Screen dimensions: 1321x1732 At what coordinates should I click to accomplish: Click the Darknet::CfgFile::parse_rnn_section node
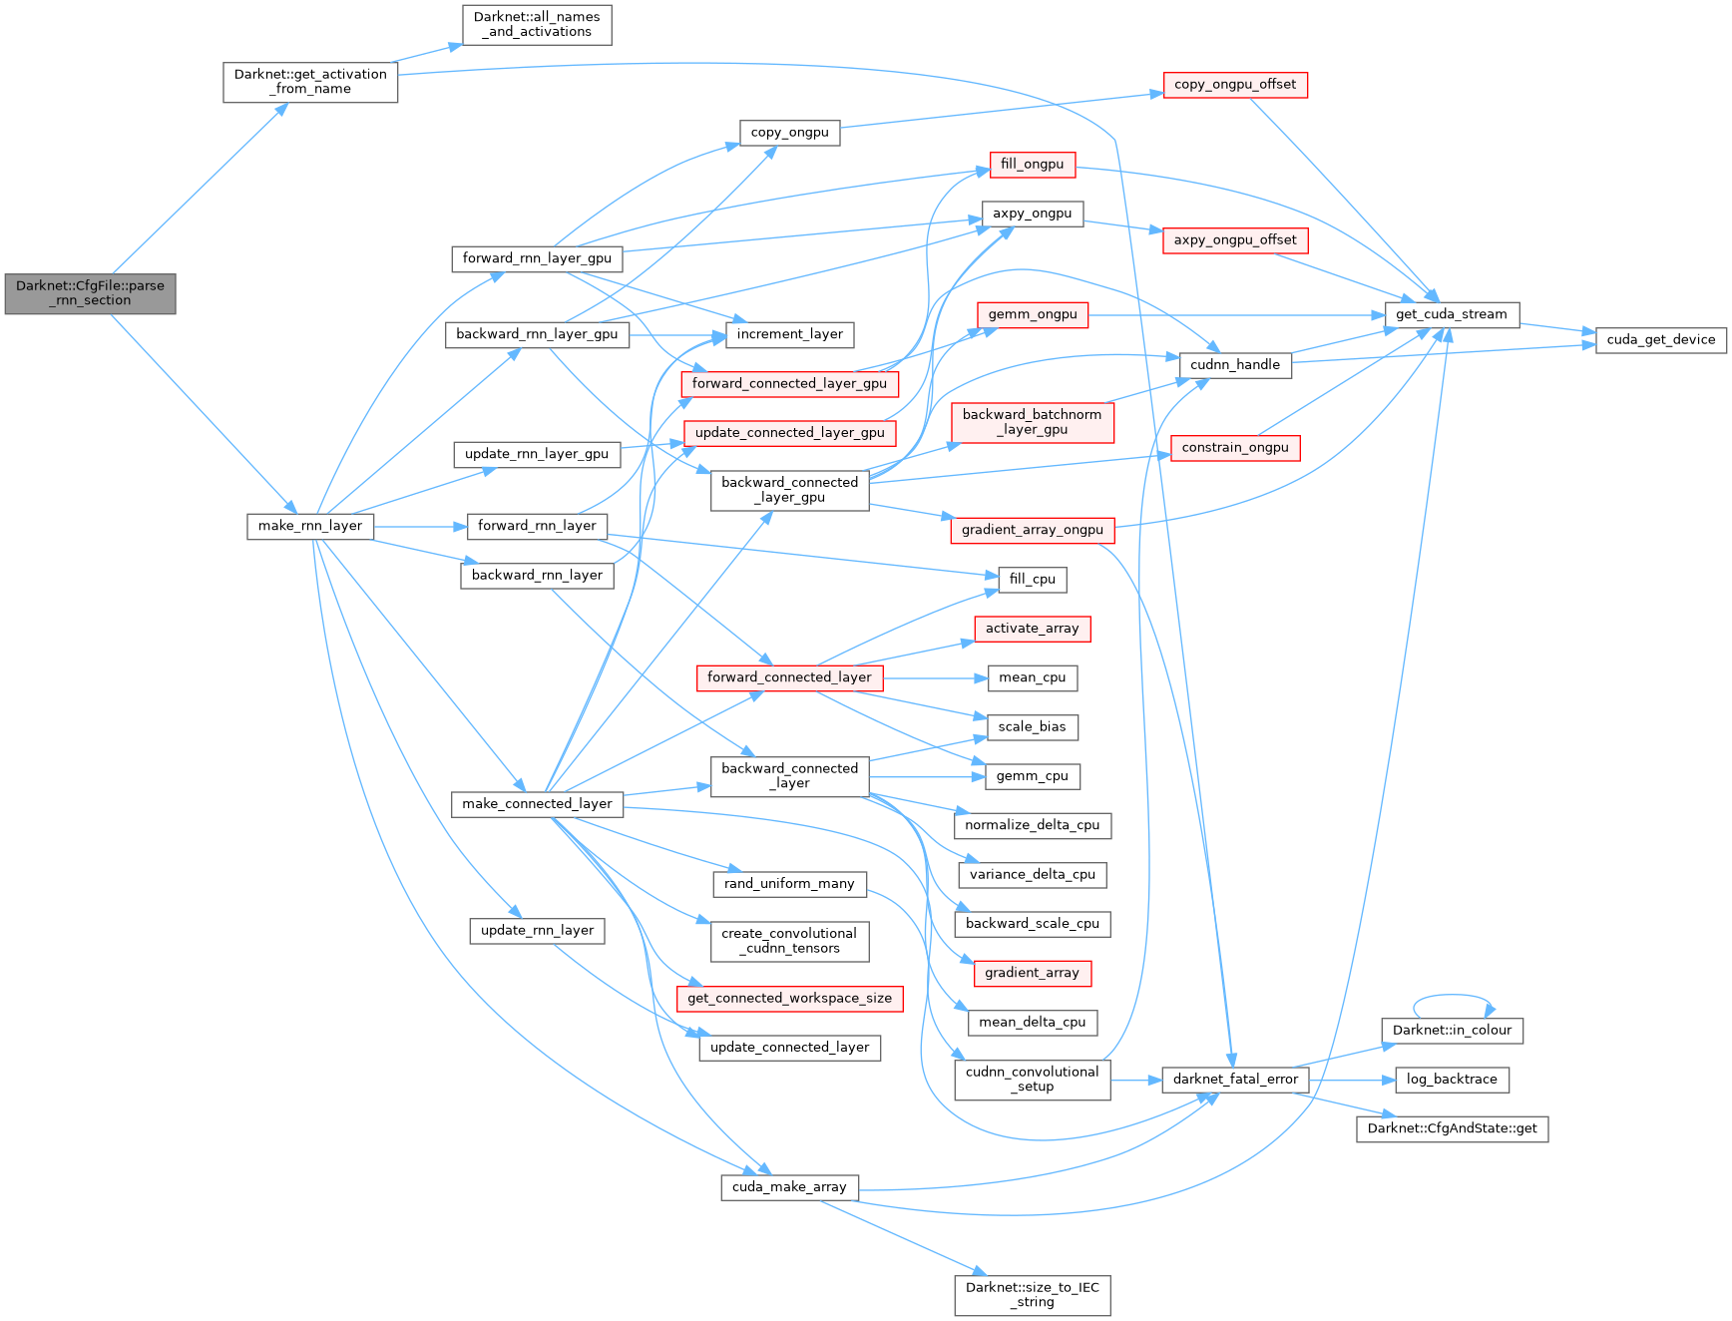(x=90, y=293)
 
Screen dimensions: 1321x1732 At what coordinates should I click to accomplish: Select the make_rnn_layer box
(x=310, y=526)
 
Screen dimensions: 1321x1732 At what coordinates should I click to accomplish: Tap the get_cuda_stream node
(x=1452, y=314)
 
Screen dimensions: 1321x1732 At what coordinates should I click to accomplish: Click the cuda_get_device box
(x=1661, y=339)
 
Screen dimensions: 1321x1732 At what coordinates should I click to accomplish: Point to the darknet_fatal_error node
(x=1235, y=1079)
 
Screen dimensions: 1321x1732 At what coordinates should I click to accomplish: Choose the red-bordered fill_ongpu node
(x=1032, y=165)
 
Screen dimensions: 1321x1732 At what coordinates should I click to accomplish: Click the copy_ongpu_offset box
(x=1235, y=85)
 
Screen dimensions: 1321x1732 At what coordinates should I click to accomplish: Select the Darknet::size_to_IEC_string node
(x=1032, y=1295)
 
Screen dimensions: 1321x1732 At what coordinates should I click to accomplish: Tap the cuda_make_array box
(x=789, y=1186)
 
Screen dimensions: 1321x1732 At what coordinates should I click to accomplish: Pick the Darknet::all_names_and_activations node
(x=537, y=25)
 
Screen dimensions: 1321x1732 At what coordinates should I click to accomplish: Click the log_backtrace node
(x=1452, y=1080)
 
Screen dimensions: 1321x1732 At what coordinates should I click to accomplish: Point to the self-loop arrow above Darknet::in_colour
(x=1453, y=996)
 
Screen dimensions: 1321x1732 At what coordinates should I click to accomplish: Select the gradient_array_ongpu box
(x=1032, y=530)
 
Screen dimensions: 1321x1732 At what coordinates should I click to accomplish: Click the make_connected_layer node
(x=537, y=804)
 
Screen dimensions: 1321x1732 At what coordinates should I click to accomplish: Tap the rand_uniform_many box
(x=789, y=884)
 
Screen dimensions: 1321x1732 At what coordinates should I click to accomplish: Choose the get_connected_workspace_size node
(x=789, y=999)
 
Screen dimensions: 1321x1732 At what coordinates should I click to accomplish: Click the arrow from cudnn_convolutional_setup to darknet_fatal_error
(x=1135, y=1080)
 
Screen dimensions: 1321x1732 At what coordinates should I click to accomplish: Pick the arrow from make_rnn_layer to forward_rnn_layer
(x=419, y=526)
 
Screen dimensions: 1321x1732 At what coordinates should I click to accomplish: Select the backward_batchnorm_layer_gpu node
(x=1032, y=422)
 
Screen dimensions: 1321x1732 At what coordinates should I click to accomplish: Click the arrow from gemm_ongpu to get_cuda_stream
(x=1237, y=314)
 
